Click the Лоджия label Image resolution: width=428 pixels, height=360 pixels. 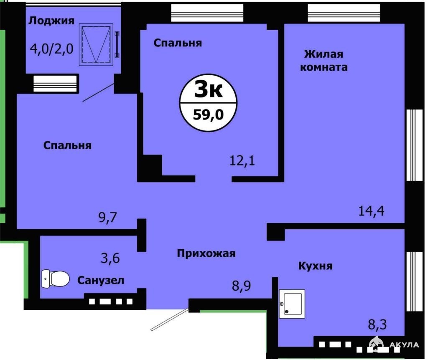tap(51, 21)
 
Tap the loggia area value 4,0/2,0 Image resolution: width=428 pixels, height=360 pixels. tap(51, 49)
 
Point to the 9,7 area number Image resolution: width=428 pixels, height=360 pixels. tap(107, 217)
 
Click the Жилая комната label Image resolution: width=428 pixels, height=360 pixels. tap(324, 61)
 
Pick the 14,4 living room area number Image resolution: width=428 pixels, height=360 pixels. tap(371, 211)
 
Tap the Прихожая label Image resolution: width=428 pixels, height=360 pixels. tap(206, 253)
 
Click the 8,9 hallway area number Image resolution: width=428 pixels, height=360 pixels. tap(241, 286)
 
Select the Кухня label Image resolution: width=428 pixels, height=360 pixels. tap(315, 266)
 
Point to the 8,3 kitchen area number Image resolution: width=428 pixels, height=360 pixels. tap(377, 325)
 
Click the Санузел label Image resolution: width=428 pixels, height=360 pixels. tap(101, 280)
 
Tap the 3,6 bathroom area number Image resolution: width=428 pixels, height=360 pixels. tap(110, 258)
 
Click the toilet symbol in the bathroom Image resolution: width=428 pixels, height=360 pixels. tap(56, 278)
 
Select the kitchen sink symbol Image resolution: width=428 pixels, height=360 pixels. tap(292, 304)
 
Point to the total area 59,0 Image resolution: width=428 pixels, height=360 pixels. tap(208, 115)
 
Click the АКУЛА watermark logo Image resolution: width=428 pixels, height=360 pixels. tap(393, 344)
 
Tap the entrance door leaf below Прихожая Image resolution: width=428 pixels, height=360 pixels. tap(170, 319)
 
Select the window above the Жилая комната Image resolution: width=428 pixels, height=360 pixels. tap(344, 13)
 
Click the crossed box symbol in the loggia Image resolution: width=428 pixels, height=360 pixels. tap(96, 44)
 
